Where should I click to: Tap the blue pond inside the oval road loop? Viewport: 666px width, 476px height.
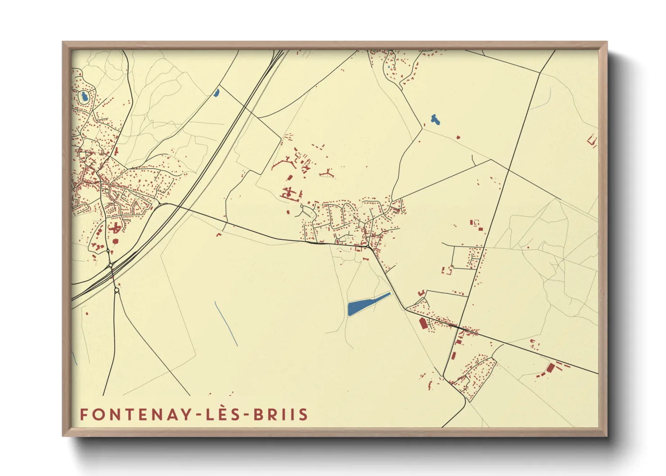84,96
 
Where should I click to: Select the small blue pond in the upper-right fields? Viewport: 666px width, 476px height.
435,120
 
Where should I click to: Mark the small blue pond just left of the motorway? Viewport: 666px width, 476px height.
216,93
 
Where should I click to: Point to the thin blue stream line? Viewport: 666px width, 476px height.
226,324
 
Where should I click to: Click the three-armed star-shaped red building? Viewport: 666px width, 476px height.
327,173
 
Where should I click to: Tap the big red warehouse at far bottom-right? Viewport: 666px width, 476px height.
550,368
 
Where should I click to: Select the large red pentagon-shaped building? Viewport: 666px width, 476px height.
423,323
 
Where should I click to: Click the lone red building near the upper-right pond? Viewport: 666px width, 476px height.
458,137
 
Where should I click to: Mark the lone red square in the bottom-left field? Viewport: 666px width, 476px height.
86,313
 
